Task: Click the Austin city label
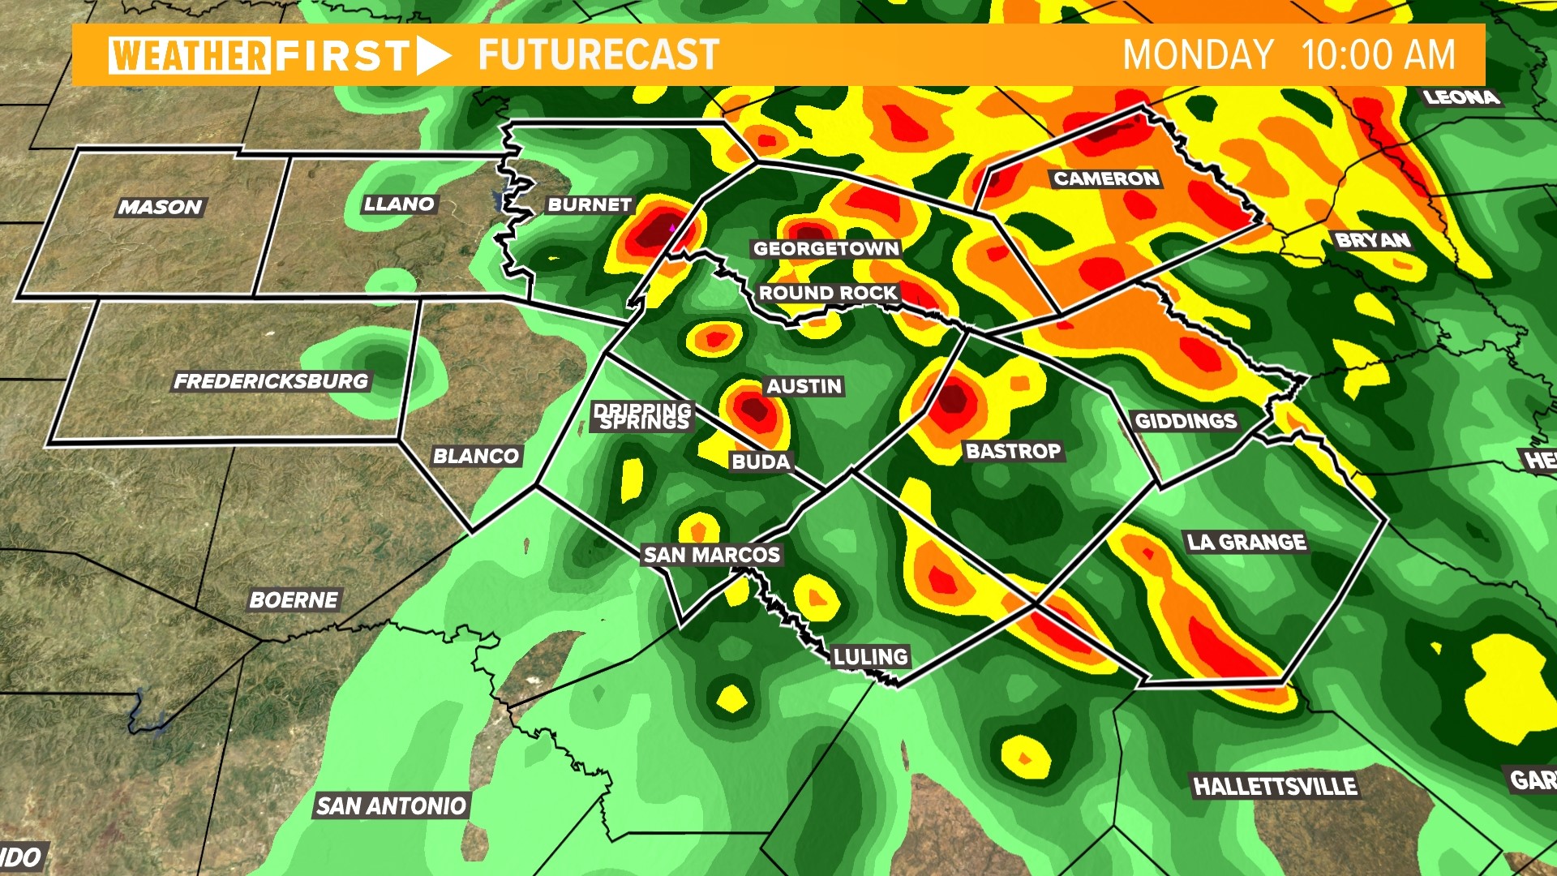tap(804, 386)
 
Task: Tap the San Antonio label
tap(391, 805)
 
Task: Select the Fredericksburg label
tap(271, 381)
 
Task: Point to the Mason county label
tap(160, 207)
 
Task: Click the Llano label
tap(399, 204)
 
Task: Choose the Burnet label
tap(590, 204)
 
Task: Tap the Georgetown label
tap(826, 249)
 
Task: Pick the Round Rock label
tap(828, 293)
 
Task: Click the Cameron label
tap(1106, 178)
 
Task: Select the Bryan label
tap(1373, 240)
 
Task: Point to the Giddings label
tap(1186, 421)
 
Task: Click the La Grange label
tap(1246, 542)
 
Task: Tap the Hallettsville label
tap(1275, 786)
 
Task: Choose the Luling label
tap(871, 656)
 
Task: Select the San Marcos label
tap(711, 555)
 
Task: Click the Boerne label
tap(294, 600)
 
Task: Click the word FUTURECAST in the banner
tap(598, 55)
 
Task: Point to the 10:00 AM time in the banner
tap(1379, 55)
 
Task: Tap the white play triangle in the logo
tap(432, 55)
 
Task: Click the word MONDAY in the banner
tap(1198, 55)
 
